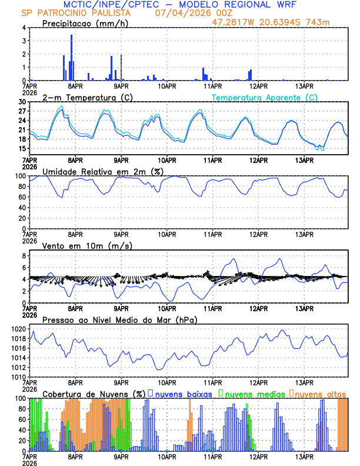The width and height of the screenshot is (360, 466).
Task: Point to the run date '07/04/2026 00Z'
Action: click(x=193, y=13)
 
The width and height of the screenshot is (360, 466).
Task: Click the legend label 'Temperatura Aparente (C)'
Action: click(x=265, y=97)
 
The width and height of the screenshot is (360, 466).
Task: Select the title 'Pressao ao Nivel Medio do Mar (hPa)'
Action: click(x=119, y=319)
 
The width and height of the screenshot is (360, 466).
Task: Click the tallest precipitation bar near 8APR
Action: click(x=72, y=58)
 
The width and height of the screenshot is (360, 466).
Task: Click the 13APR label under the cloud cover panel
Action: click(x=304, y=457)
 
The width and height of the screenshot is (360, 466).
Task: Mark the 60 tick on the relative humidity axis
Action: click(x=22, y=197)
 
